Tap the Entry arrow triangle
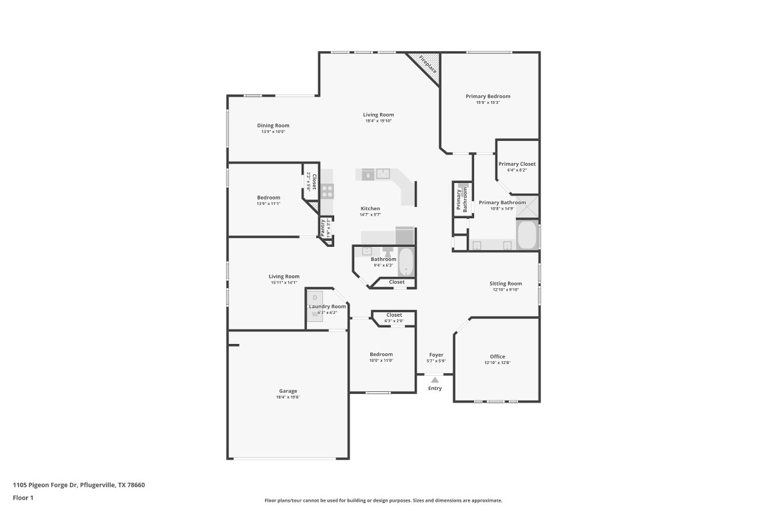coord(435,379)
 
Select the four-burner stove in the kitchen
coord(327,191)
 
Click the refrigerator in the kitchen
coord(404,236)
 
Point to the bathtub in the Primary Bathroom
coord(527,235)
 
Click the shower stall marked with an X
coord(527,206)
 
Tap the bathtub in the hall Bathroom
coord(405,263)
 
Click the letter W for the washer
coord(315,314)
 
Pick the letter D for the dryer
coord(315,297)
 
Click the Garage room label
coord(288,391)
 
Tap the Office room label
coord(497,357)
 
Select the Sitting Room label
coord(506,283)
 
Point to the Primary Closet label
coord(517,164)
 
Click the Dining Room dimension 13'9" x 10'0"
coord(273,132)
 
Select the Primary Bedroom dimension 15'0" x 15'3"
coord(487,102)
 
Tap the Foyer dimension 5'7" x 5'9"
coord(436,361)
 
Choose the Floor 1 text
coord(23,498)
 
